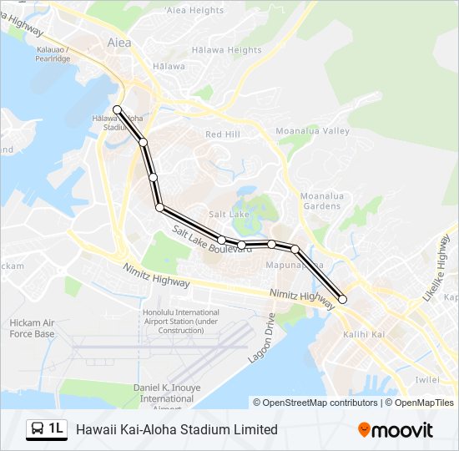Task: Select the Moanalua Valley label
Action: point(313,132)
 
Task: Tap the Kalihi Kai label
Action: point(363,335)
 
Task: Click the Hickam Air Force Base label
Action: point(32,328)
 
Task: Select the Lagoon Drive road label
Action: point(261,337)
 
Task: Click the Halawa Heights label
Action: point(226,50)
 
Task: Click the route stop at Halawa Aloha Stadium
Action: point(119,109)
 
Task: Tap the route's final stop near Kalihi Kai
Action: point(342,299)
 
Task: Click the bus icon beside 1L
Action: point(38,429)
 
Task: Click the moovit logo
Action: point(396,430)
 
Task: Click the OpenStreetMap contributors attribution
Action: point(315,403)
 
